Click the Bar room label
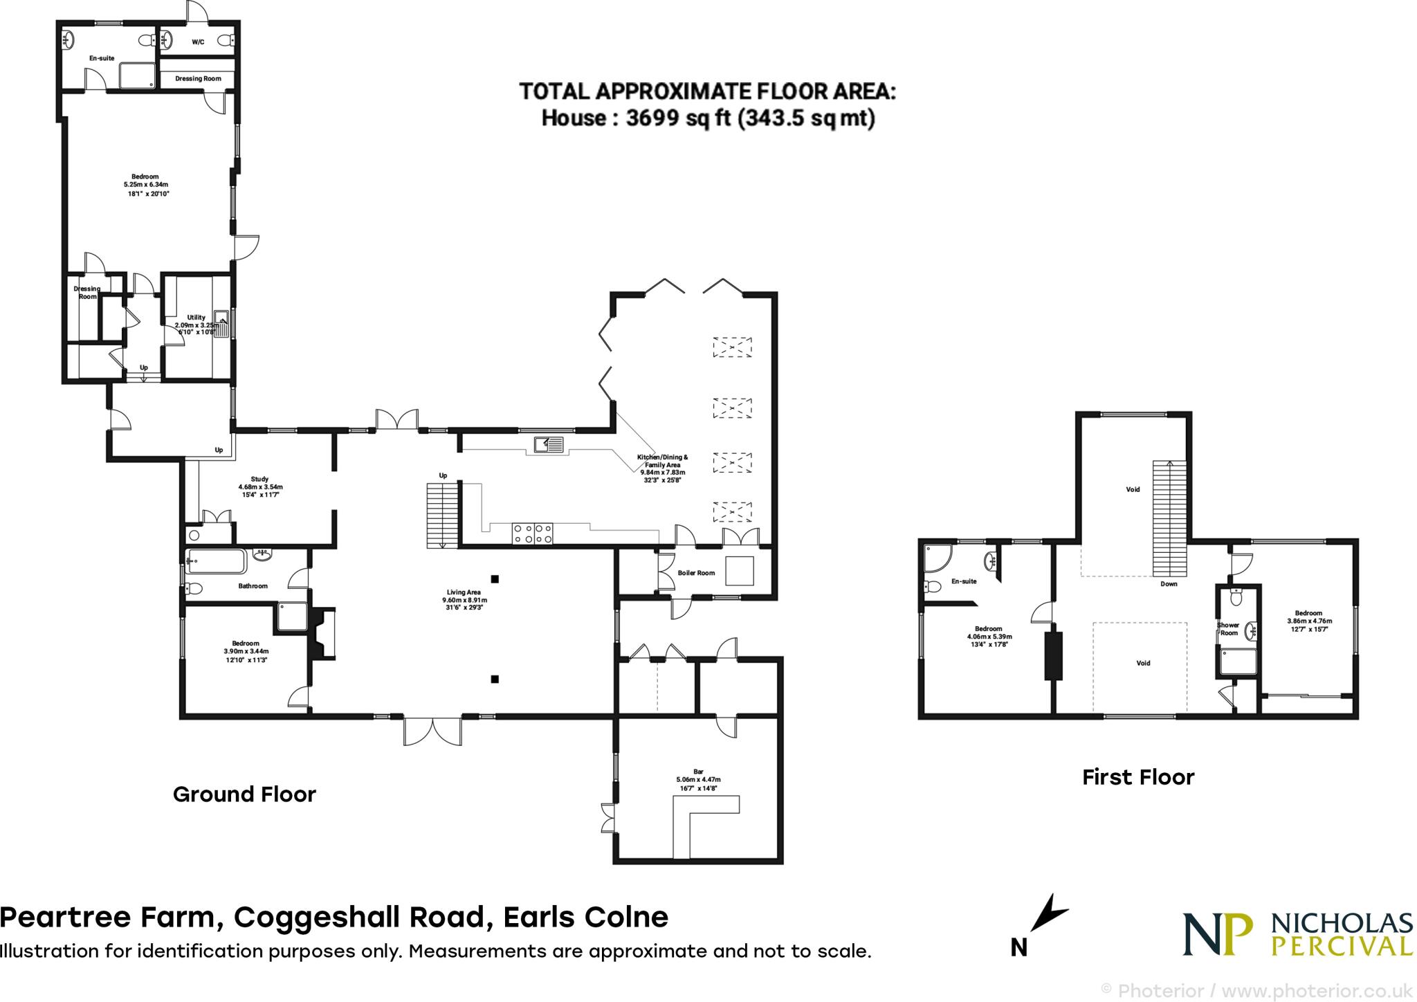coord(698,770)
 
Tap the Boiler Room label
coord(696,573)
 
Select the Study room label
coord(259,479)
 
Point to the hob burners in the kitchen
coord(532,533)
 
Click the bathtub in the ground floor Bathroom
coord(215,561)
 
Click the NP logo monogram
coord(1218,933)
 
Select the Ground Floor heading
coord(244,794)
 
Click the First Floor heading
coord(1138,777)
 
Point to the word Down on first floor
coord(1169,583)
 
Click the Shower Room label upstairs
coord(1228,628)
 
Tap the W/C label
coord(198,42)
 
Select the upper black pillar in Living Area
coord(495,579)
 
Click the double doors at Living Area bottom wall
coord(432,731)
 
